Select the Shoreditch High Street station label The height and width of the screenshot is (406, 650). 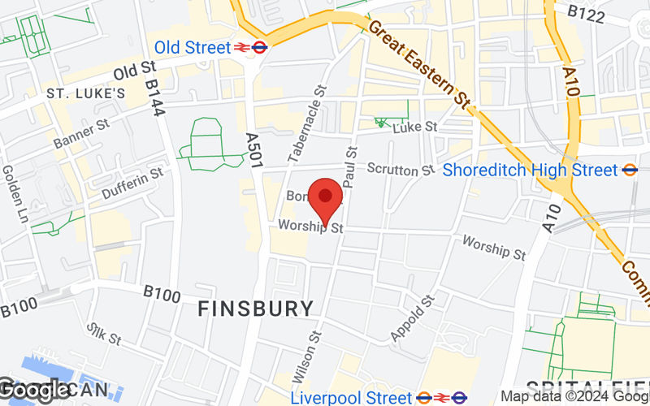coord(531,170)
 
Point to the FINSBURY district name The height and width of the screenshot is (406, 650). coord(256,309)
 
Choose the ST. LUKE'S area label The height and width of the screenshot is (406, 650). coord(85,93)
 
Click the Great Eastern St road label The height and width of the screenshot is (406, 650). coord(420,66)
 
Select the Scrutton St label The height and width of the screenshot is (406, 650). coord(401,169)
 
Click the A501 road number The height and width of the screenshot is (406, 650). coord(253,151)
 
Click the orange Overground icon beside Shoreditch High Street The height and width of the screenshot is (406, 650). coord(630,170)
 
